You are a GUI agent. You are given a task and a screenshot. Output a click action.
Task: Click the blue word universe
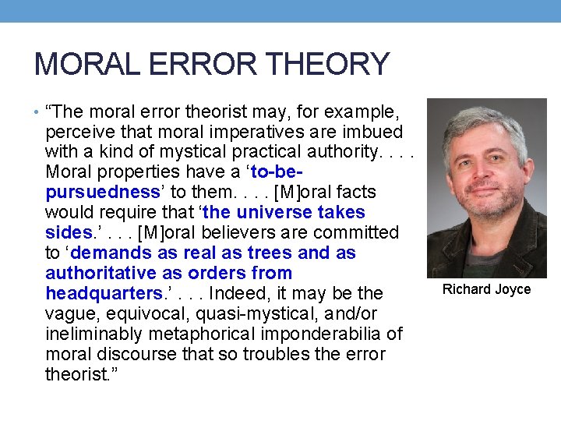[x=278, y=212]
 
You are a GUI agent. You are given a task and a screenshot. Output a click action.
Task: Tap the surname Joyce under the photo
[x=513, y=289]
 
